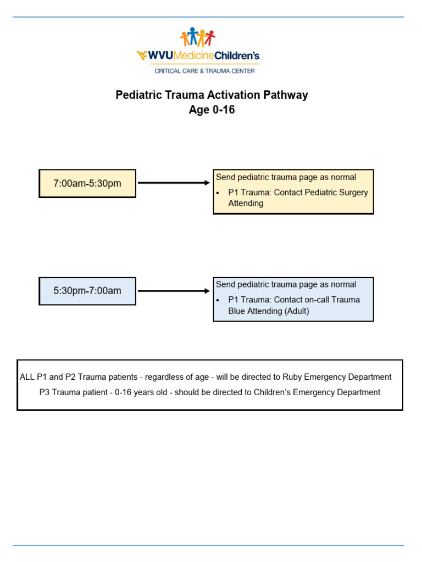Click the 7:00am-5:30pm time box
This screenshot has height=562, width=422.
(x=87, y=183)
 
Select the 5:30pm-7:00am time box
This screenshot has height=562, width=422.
(x=87, y=291)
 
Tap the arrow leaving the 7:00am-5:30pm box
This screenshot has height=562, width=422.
(x=174, y=183)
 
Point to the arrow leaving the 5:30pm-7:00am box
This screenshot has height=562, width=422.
(x=174, y=291)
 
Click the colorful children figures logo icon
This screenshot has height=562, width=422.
(x=198, y=37)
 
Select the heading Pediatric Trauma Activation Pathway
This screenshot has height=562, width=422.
(x=212, y=95)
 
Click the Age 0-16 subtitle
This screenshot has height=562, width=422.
(x=212, y=110)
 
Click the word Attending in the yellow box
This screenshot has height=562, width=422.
(x=246, y=203)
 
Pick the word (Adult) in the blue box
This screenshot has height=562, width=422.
(x=297, y=311)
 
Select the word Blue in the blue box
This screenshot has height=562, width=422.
(x=238, y=311)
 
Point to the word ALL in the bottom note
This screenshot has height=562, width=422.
(x=27, y=377)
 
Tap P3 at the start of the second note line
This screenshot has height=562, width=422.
(x=45, y=392)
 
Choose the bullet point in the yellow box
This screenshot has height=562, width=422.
(x=218, y=193)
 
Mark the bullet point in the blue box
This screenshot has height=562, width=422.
(x=218, y=300)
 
